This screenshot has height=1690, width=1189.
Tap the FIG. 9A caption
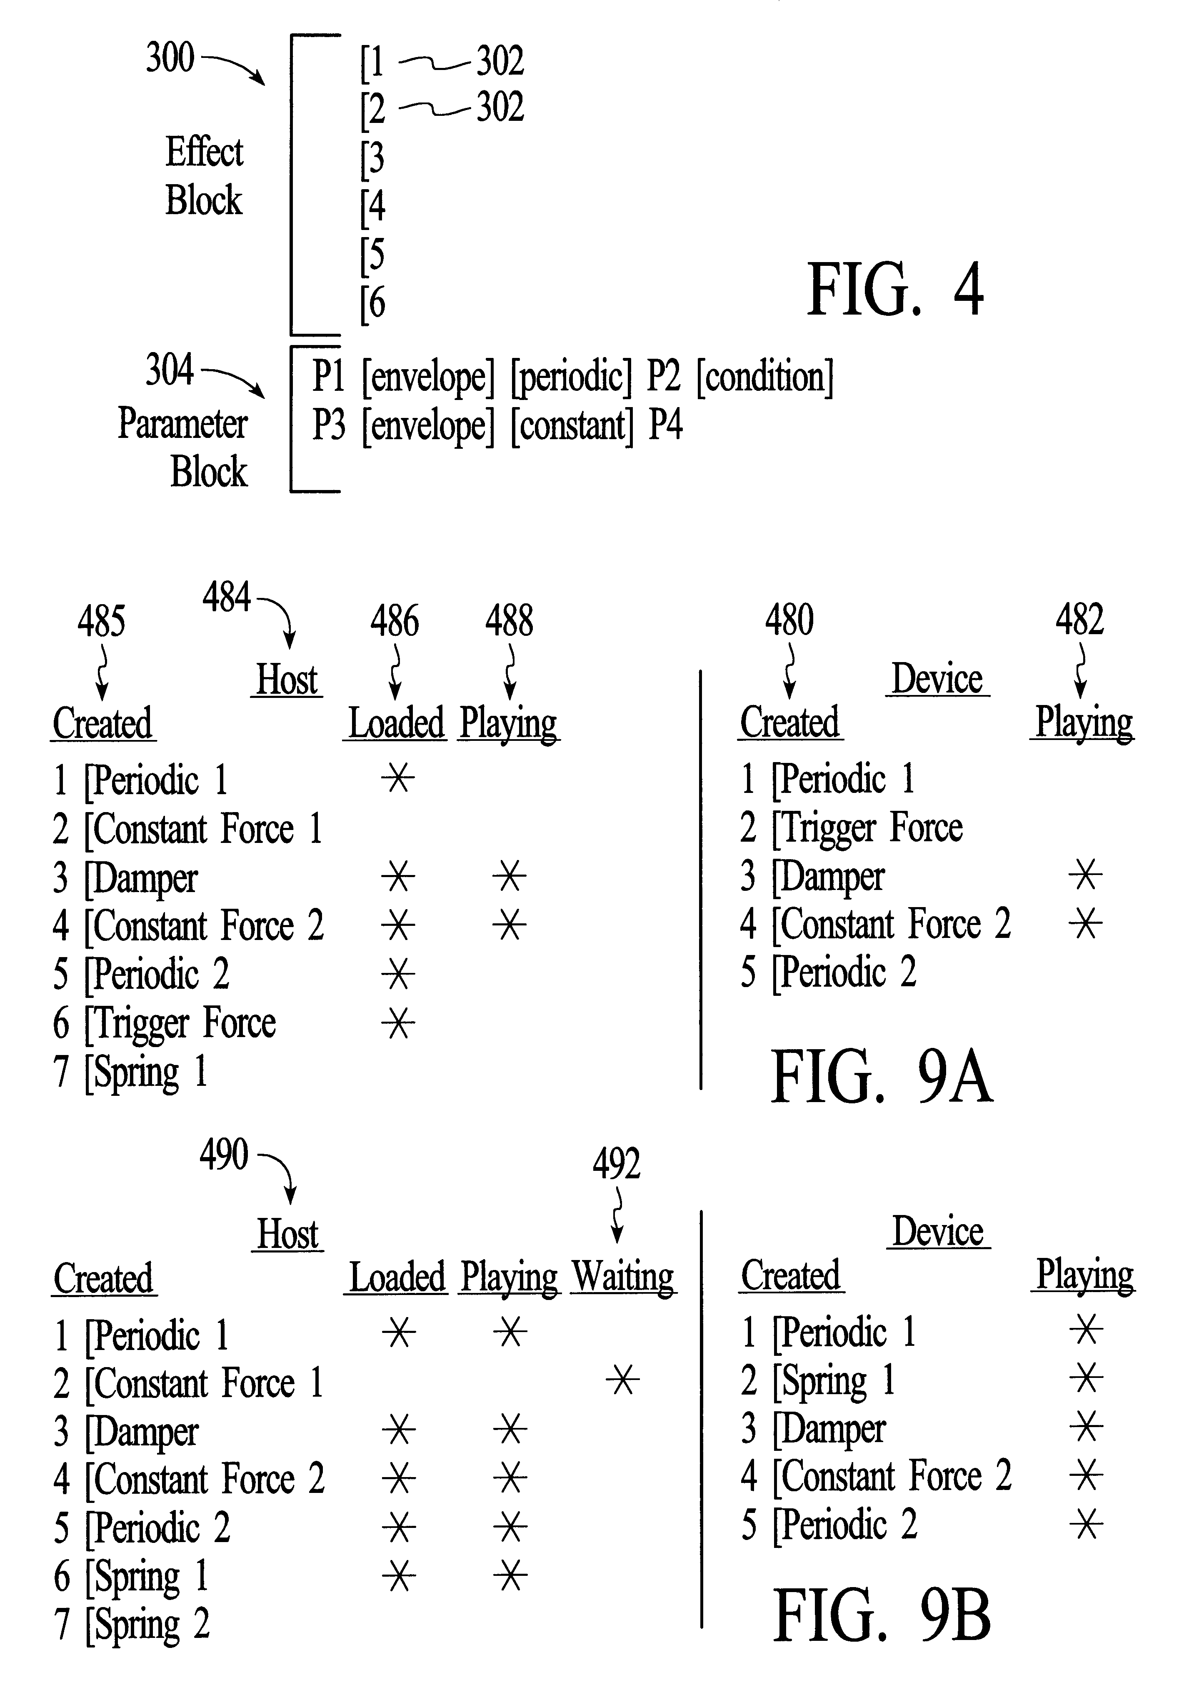point(882,1077)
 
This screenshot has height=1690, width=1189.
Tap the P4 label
point(665,425)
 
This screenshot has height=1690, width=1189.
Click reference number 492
point(617,1164)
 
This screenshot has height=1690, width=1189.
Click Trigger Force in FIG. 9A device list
point(851,828)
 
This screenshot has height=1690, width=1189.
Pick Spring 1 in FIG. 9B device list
point(818,1380)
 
